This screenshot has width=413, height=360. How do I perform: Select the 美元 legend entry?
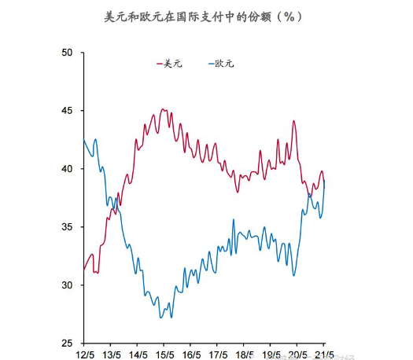171,63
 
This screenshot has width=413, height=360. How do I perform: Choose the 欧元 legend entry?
224,63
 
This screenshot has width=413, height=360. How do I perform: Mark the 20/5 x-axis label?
297,355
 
